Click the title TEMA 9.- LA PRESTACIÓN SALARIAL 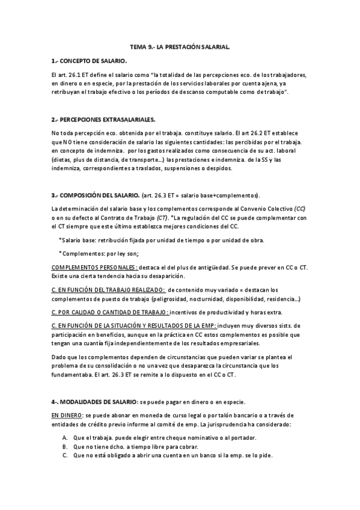point(180,46)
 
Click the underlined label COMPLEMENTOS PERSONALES point(86,267)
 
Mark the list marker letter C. point(64,456)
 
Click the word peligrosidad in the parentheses point(171,299)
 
